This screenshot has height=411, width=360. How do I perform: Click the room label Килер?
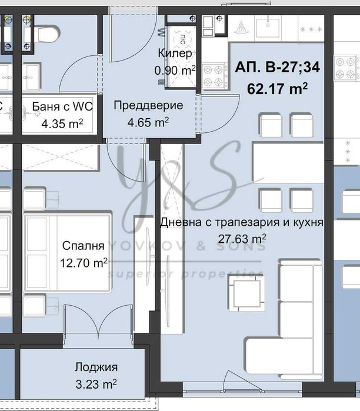[x=175, y=53]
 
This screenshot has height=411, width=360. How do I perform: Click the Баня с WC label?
[x=62, y=107]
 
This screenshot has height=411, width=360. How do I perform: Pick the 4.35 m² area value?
[x=62, y=124]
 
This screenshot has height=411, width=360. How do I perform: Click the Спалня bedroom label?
[x=82, y=245]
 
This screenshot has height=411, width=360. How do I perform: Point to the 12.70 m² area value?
[x=83, y=263]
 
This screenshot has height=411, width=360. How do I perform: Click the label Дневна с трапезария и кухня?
[x=242, y=223]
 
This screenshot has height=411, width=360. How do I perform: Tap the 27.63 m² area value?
[x=242, y=239]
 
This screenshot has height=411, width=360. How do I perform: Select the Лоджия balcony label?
[x=96, y=367]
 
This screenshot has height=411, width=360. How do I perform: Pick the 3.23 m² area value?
[x=96, y=384]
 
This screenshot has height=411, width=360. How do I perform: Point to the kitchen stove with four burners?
[x=215, y=75]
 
